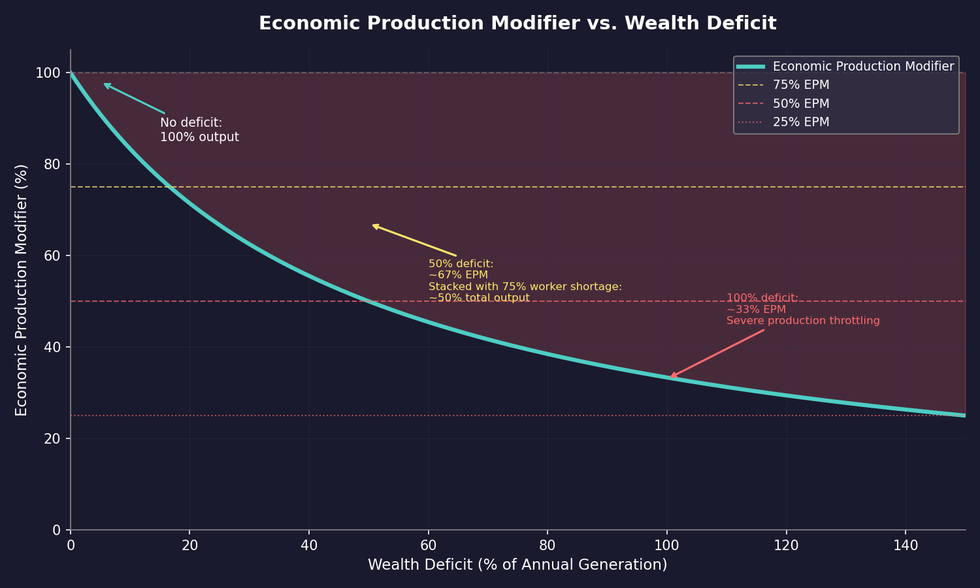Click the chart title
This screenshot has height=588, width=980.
517,24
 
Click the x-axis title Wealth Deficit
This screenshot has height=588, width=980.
517,564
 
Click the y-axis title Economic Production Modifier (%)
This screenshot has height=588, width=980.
22,289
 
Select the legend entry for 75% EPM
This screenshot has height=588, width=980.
800,85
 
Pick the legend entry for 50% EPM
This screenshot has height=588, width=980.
800,104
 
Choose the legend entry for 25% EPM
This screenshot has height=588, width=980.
800,122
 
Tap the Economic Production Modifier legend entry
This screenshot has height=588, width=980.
862,67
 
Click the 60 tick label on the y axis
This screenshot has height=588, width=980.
54,255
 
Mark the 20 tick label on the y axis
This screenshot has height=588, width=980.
54,438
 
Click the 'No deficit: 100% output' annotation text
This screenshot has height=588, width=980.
199,130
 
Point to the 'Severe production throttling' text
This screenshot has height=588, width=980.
803,321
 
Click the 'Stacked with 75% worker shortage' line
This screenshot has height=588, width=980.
525,287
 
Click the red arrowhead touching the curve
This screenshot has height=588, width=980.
671,376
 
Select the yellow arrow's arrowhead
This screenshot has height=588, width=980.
374,225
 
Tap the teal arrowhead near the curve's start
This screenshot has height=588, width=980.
105,84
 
